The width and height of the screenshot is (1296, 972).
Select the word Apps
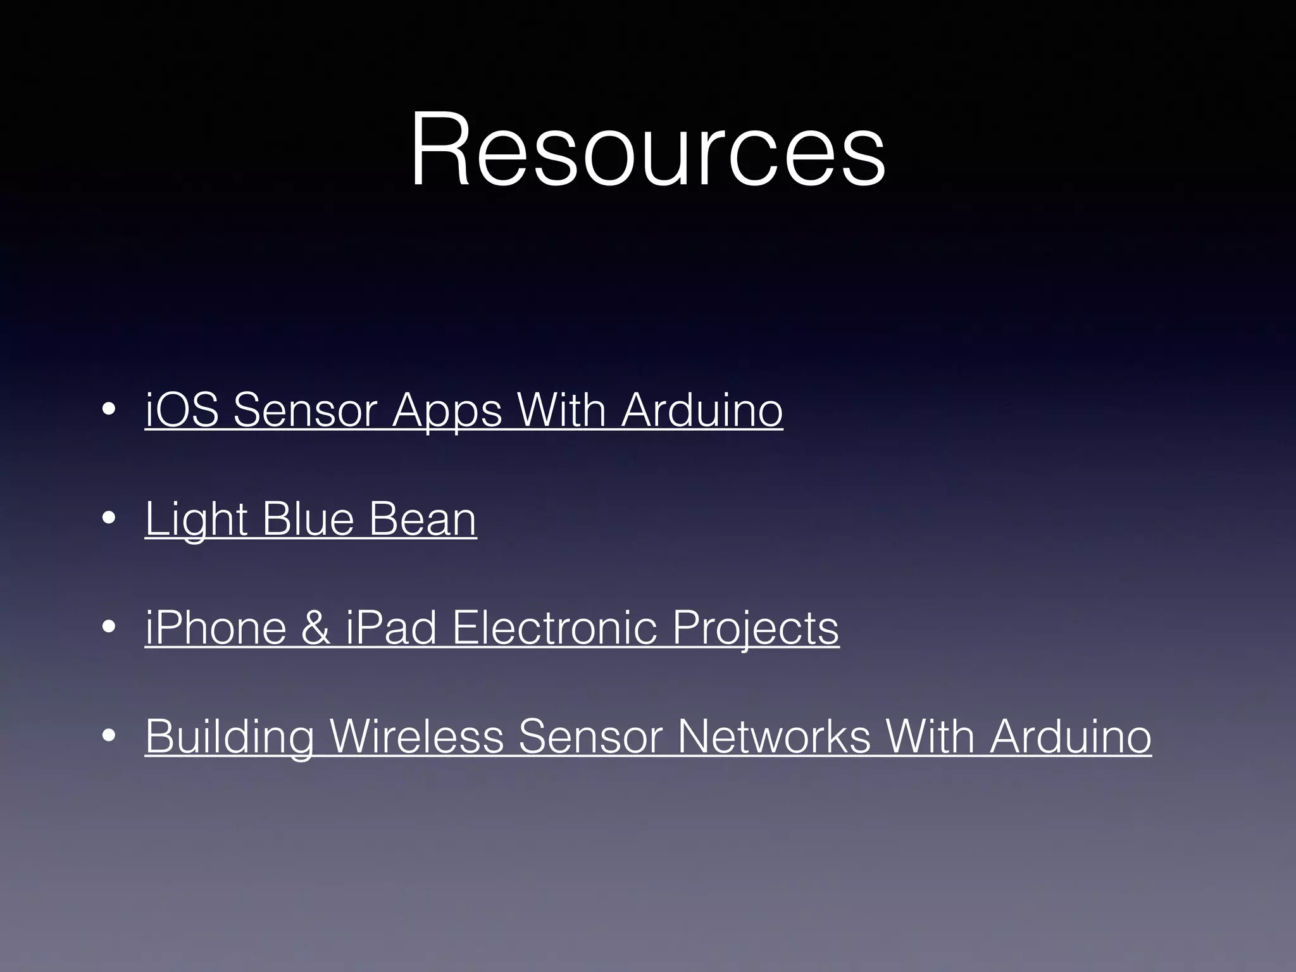(447, 411)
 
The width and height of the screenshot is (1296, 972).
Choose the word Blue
(308, 519)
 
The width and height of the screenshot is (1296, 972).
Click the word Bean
(422, 519)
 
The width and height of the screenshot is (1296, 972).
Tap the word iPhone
(216, 628)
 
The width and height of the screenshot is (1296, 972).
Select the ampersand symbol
(316, 628)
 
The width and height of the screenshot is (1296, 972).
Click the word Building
(229, 737)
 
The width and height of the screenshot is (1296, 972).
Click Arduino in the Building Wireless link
(1070, 736)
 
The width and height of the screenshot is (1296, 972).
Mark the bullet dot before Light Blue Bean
(109, 519)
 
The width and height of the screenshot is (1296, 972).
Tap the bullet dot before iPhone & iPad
(109, 628)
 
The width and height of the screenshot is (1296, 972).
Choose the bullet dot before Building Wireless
(109, 736)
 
